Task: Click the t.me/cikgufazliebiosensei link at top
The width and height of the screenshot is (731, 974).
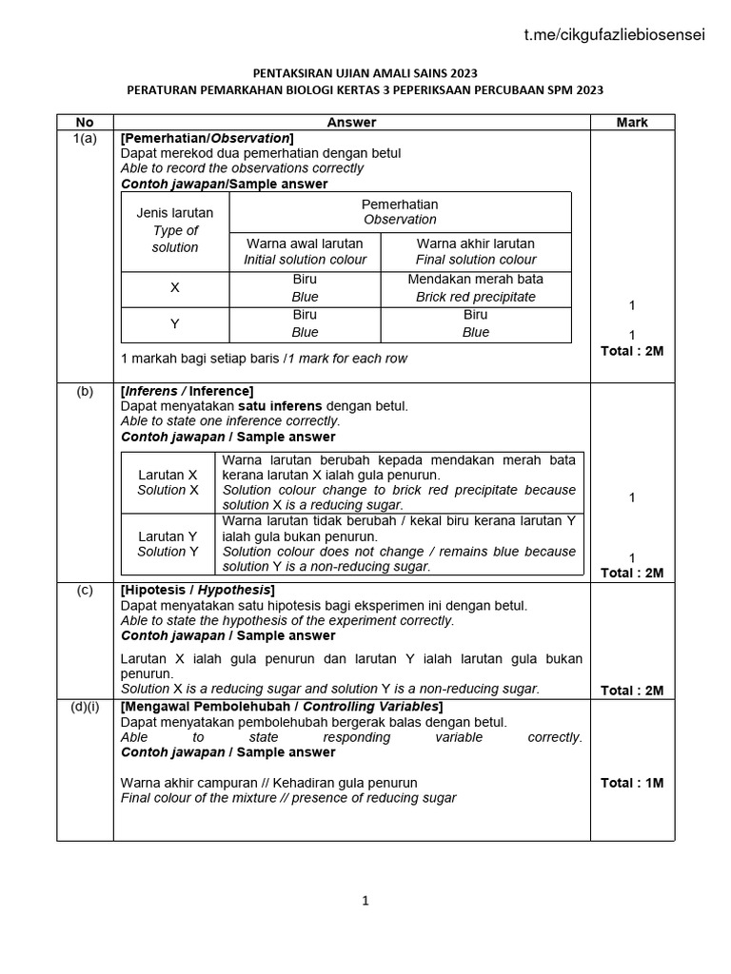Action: pyautogui.click(x=615, y=35)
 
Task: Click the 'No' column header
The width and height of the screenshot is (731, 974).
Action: pyautogui.click(x=85, y=122)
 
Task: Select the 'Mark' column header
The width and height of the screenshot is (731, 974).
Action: pyautogui.click(x=632, y=122)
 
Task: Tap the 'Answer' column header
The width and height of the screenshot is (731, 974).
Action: pyautogui.click(x=351, y=122)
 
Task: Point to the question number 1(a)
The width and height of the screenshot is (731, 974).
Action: pyautogui.click(x=85, y=138)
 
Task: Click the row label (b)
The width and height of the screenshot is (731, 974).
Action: pyautogui.click(x=85, y=391)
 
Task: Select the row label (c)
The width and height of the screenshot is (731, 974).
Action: pyautogui.click(x=85, y=590)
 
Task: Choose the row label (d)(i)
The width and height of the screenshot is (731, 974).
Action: pyautogui.click(x=85, y=707)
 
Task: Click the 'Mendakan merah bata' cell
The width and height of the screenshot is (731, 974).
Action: pyautogui.click(x=476, y=280)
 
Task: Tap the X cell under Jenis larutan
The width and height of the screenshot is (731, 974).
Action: pyautogui.click(x=175, y=288)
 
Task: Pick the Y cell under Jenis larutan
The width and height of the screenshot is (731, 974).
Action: pyautogui.click(x=175, y=324)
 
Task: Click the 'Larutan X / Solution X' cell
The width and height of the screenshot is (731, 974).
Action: pyautogui.click(x=168, y=482)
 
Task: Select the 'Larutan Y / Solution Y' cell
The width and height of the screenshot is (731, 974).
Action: pyautogui.click(x=168, y=544)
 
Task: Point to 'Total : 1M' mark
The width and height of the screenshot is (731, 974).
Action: pyautogui.click(x=632, y=783)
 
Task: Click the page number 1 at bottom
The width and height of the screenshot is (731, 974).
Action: pyautogui.click(x=365, y=903)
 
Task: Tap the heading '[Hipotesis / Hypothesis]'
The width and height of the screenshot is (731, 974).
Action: pyautogui.click(x=198, y=590)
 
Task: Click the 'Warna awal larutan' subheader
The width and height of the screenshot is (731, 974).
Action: pyautogui.click(x=305, y=243)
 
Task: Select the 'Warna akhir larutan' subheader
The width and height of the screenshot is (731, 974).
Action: pyautogui.click(x=476, y=243)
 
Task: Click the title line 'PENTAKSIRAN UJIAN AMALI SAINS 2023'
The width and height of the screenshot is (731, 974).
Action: pyautogui.click(x=365, y=73)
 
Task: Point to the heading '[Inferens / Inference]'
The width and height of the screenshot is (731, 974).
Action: pyautogui.click(x=188, y=391)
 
